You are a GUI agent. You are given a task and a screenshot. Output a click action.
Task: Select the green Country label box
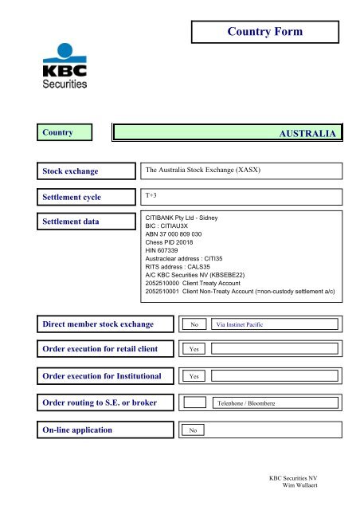click(x=66, y=132)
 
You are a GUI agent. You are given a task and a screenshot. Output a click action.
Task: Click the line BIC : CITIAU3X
click(x=173, y=226)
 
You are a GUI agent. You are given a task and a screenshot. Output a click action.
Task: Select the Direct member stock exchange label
click(x=108, y=324)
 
